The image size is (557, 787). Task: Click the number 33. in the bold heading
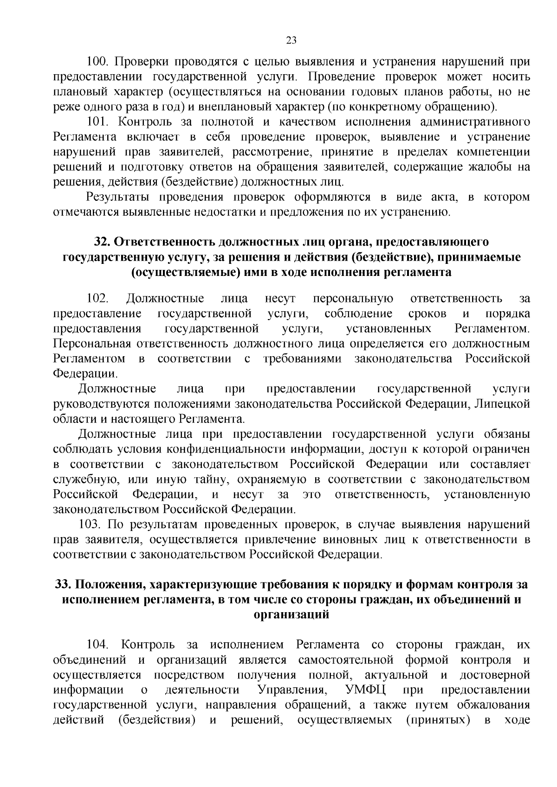64,585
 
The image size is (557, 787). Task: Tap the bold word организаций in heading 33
291,615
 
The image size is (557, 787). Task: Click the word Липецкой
504,404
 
